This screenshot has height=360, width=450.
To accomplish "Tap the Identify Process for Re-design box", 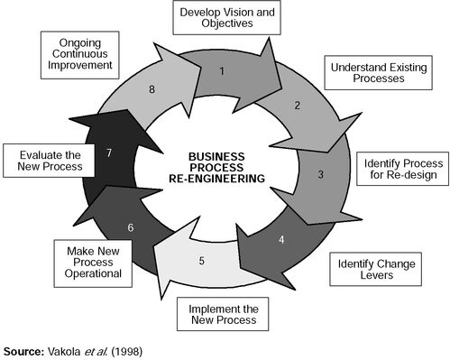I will coord(402,168).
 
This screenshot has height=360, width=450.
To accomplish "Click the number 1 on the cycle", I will coord(223,69).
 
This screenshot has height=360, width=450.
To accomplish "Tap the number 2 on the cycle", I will coord(297,105).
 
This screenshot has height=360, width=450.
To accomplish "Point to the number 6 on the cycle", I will coord(131,228).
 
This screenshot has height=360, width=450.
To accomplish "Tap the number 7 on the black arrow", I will coord(108,153).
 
